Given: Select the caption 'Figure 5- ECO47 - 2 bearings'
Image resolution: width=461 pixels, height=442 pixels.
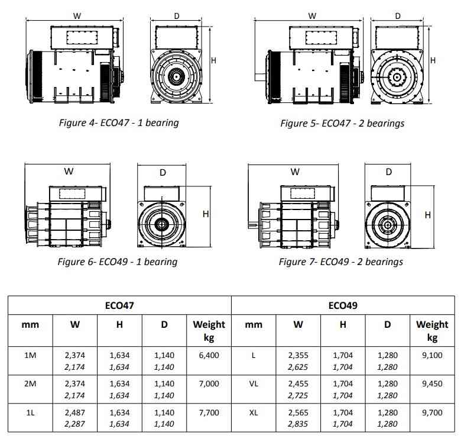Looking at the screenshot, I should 342,123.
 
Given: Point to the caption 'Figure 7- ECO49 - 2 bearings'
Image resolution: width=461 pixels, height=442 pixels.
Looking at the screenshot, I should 341,261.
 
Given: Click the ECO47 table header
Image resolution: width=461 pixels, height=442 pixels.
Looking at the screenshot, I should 119,305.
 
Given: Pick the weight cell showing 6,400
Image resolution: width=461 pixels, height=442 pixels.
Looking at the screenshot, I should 209,356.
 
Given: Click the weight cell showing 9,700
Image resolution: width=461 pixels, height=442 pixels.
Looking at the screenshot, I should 432,412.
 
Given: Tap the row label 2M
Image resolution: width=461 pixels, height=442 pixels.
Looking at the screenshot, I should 31,384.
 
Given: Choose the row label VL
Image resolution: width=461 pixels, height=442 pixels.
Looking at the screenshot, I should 254,384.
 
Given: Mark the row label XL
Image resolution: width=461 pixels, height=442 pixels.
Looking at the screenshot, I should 254,412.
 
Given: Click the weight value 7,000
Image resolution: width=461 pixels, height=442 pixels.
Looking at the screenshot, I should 209,384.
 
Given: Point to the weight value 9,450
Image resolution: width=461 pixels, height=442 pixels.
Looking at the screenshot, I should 432,384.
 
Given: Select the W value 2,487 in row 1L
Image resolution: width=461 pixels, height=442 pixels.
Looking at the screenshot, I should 75,412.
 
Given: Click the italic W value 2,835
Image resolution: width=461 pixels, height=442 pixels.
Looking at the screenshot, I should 298,424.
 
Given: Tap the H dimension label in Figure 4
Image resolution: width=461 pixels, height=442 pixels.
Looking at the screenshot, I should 213,60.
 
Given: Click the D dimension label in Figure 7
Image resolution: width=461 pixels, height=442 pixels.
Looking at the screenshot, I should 388,172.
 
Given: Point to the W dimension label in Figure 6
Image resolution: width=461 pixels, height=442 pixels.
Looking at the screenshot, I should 69,172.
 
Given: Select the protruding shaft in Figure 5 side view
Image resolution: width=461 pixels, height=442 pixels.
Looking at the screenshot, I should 260,76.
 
